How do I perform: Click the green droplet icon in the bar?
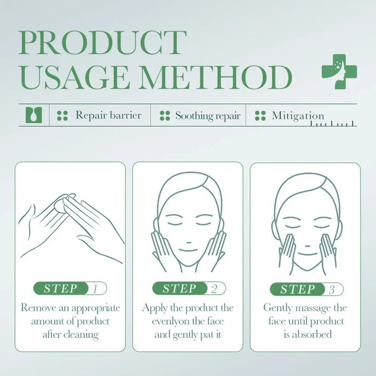[x=33, y=115]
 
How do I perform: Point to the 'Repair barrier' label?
[x=108, y=115]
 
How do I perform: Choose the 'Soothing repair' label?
[x=207, y=116]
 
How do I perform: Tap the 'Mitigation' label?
[x=298, y=116]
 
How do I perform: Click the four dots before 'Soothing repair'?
[x=164, y=116]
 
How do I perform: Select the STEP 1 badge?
[x=70, y=289]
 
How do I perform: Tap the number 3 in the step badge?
[x=332, y=289]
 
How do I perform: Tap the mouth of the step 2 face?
[x=188, y=251]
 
